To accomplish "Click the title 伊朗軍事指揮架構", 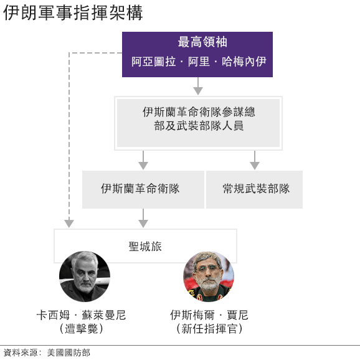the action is [x=73, y=12].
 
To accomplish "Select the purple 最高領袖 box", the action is [x=197, y=54].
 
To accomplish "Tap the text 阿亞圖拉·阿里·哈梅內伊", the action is [x=199, y=62].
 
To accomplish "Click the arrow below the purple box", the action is [x=198, y=86].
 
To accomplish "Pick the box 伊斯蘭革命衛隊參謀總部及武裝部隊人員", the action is [x=198, y=123].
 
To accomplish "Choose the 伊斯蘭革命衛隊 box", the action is [x=143, y=189].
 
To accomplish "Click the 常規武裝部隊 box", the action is [x=254, y=189].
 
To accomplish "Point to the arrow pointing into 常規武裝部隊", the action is [x=255, y=160].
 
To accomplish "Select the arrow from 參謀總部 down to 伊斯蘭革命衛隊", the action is [x=143, y=160].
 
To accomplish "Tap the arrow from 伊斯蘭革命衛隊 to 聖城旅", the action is [x=143, y=218].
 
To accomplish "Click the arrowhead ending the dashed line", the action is [x=69, y=224].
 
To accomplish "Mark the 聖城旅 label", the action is [x=145, y=247].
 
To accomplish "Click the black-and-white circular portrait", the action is [x=85, y=277].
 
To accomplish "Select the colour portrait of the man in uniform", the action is [x=209, y=277].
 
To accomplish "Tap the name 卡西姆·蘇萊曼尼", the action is [x=81, y=315].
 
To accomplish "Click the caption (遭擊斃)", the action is [x=81, y=328].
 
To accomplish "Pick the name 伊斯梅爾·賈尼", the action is [x=209, y=315].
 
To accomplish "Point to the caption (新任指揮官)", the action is [x=209, y=328].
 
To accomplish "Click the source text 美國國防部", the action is [x=69, y=353].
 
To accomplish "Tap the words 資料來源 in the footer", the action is [x=21, y=353].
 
